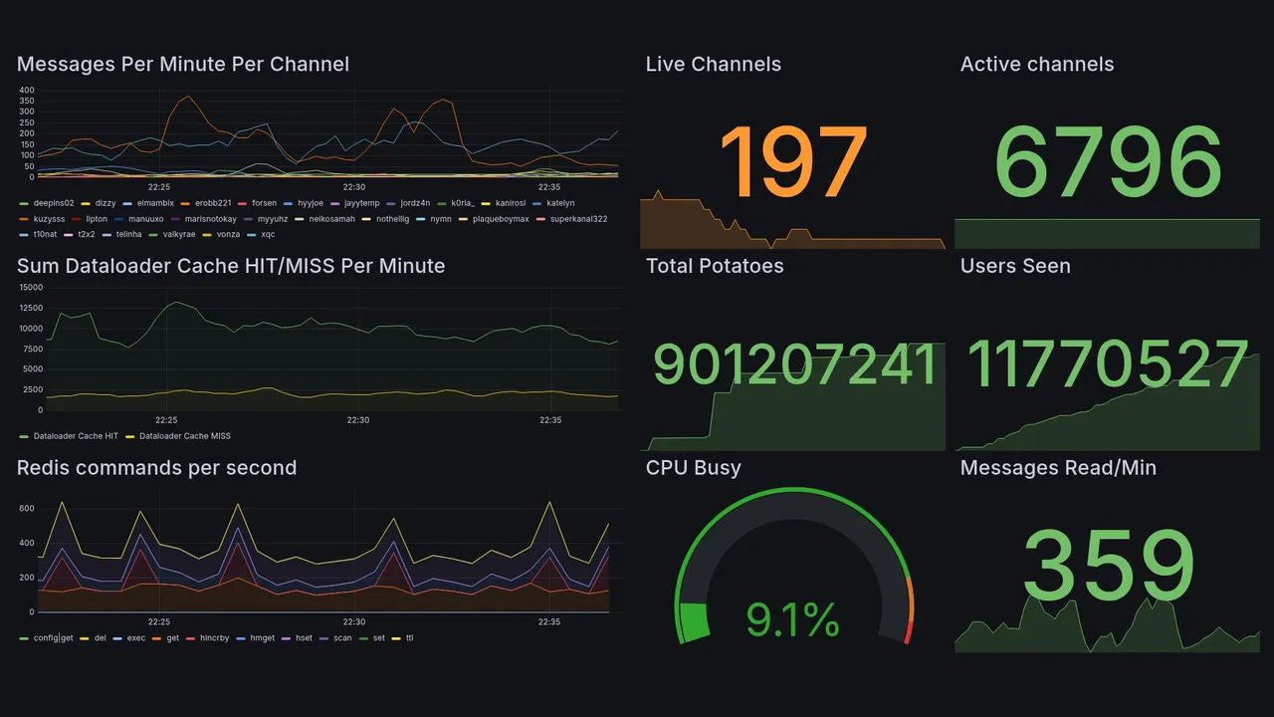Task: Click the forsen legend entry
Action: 264,203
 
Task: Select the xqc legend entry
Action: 268,235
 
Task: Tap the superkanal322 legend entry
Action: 578,219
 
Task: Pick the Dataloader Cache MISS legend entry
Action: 185,436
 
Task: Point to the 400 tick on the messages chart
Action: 27,90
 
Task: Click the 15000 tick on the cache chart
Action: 31,287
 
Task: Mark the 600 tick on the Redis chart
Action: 27,509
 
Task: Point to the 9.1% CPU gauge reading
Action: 793,621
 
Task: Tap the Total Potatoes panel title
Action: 715,266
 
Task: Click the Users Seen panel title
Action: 1015,266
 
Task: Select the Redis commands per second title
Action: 156,468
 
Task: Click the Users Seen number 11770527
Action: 1108,365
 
